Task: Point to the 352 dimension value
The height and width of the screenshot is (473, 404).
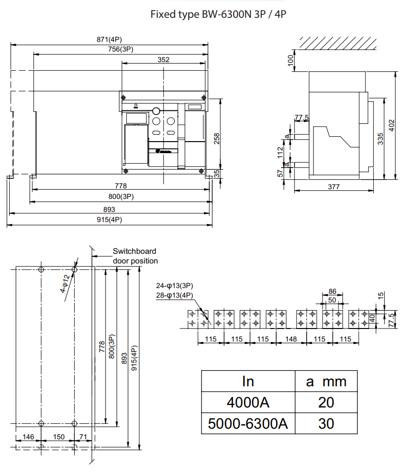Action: tap(163, 60)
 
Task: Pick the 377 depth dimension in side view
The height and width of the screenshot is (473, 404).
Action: tap(334, 187)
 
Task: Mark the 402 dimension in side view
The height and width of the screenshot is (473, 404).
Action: tap(392, 125)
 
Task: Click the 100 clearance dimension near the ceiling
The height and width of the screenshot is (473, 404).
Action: tap(291, 60)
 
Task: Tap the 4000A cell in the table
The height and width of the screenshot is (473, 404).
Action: tap(248, 402)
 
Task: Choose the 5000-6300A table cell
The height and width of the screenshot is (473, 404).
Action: tap(248, 423)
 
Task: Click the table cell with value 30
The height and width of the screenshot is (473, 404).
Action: tap(326, 423)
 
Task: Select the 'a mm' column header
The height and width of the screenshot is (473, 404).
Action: tap(326, 381)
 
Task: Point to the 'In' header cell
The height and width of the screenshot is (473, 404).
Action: tap(248, 381)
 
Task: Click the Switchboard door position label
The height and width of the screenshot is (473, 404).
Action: tap(135, 256)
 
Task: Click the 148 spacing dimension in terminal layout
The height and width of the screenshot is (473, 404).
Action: tap(291, 339)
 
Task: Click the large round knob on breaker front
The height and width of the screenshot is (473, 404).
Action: tap(156, 111)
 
